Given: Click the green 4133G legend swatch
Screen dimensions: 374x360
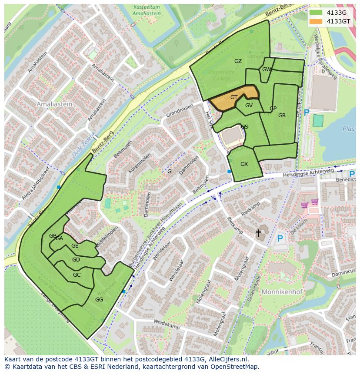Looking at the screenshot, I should tap(316, 13).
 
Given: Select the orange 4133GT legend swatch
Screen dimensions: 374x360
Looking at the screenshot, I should tap(316, 21).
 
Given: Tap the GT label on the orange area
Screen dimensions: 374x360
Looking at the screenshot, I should tap(234, 97).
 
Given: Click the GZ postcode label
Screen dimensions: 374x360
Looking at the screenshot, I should tap(238, 61).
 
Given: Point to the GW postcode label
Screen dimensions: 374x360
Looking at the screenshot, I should tap(267, 70).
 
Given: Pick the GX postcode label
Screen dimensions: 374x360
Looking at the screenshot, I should tap(244, 164).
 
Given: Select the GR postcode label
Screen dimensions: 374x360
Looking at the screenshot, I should tap(282, 116).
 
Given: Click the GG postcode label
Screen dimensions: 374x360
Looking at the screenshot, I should tap(99, 300).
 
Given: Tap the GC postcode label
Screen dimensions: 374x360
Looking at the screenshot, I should tap(77, 275).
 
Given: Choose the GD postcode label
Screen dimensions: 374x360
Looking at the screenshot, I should tap(76, 260).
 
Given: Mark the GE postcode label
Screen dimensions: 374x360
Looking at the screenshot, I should tap(75, 246).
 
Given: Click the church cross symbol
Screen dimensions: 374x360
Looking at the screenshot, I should tap(258, 233).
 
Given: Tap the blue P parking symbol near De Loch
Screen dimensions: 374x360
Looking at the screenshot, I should tap(280, 238).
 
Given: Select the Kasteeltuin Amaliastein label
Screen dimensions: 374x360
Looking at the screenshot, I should tap(147, 10).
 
